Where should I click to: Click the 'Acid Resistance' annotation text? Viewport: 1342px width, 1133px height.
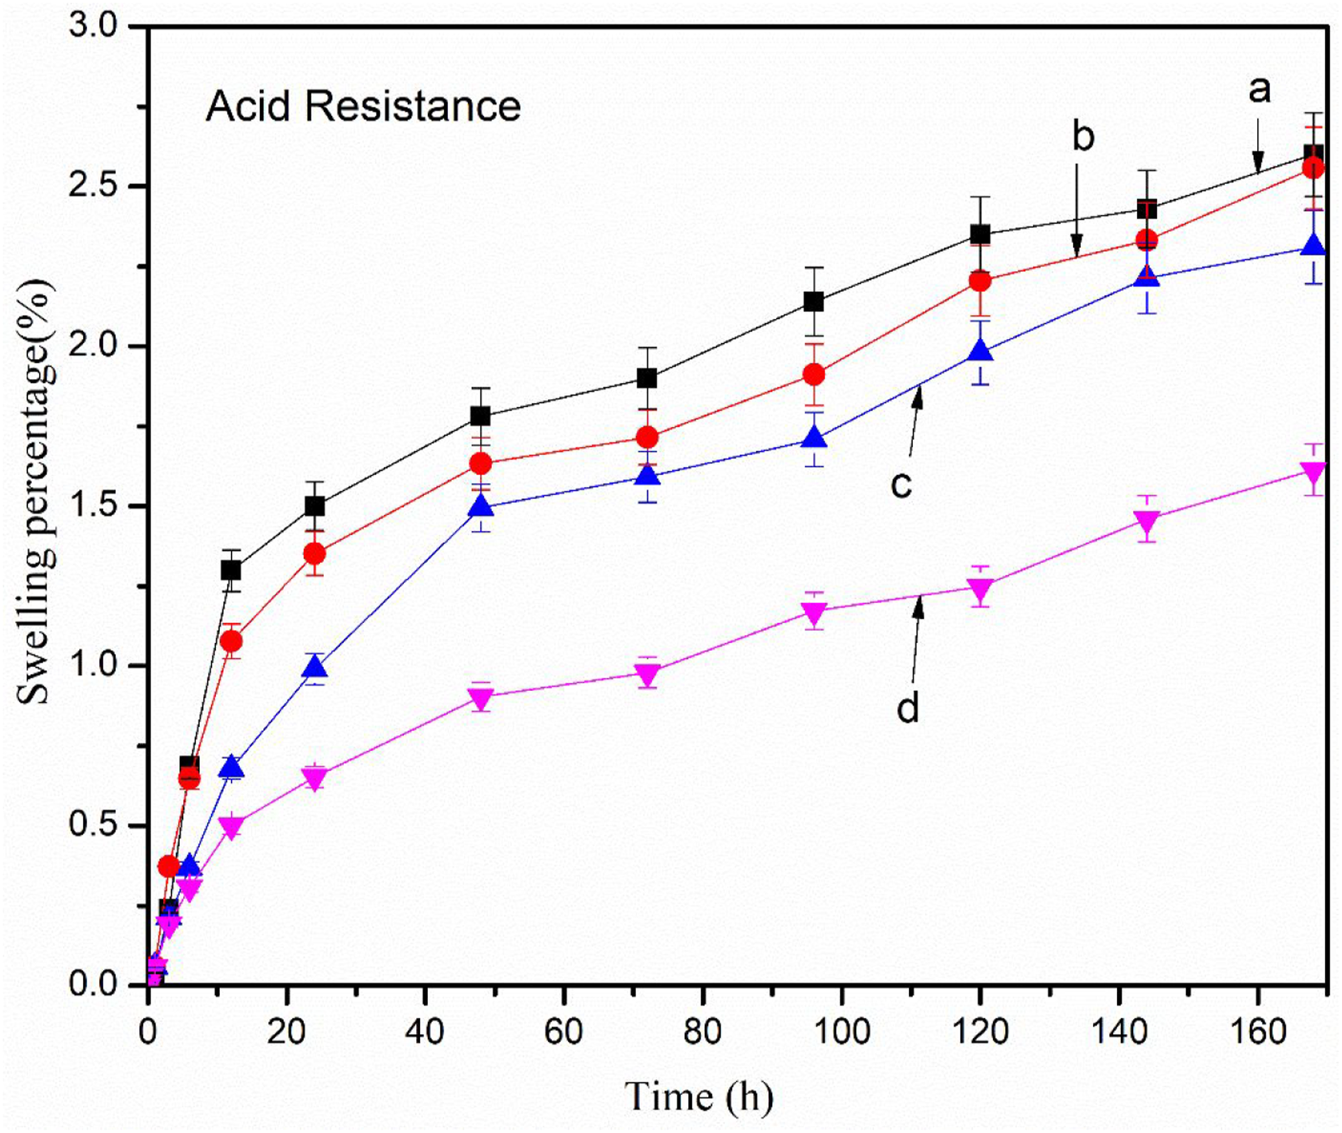click(x=363, y=106)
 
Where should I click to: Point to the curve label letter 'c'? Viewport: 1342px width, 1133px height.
click(x=902, y=486)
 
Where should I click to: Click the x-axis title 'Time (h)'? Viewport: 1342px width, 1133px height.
click(x=699, y=1097)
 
